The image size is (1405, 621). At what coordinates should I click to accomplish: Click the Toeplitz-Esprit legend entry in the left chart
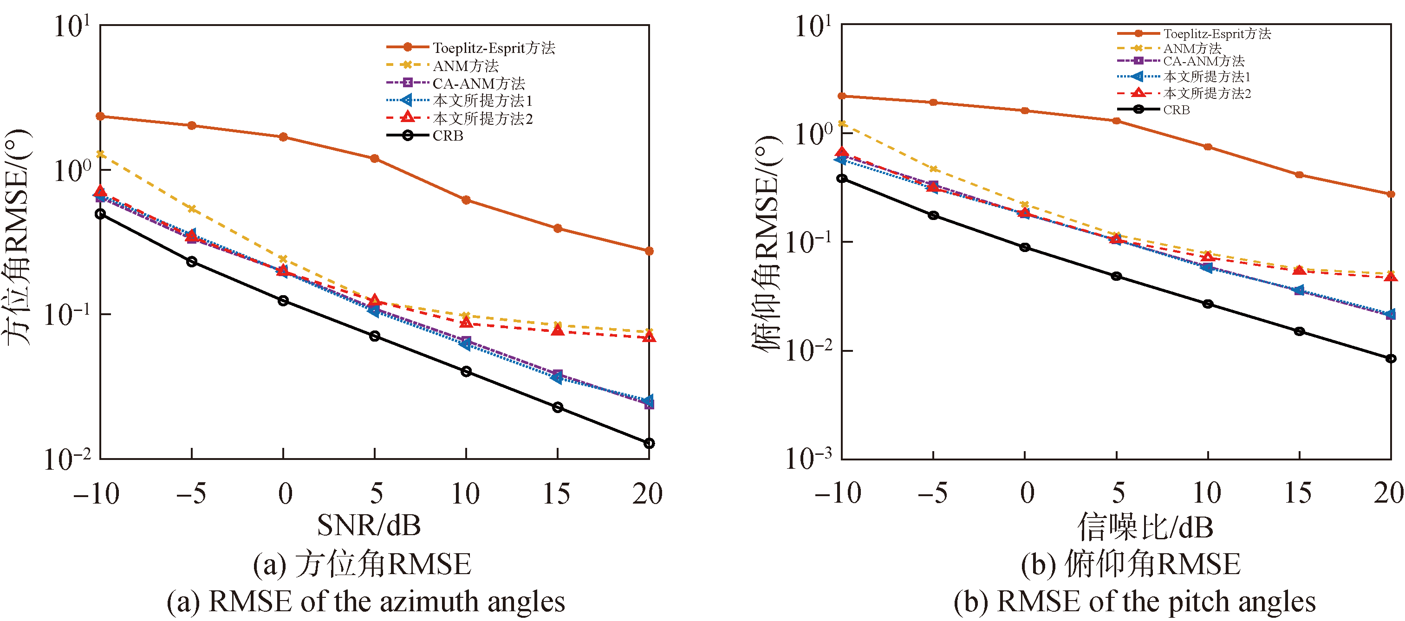click(x=494, y=48)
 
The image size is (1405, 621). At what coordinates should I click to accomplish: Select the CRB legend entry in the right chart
click(x=1176, y=110)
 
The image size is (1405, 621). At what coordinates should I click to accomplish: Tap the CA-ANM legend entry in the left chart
click(x=478, y=84)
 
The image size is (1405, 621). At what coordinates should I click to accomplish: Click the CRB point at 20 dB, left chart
click(x=649, y=443)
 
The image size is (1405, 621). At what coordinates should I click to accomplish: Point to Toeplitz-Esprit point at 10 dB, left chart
click(x=466, y=200)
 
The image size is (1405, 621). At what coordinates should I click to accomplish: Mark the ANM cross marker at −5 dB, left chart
click(x=192, y=209)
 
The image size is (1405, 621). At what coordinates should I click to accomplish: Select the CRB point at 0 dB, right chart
click(x=1025, y=247)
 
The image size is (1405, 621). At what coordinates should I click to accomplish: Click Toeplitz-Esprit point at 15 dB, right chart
click(x=1300, y=175)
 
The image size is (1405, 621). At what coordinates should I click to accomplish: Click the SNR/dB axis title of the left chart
click(x=369, y=525)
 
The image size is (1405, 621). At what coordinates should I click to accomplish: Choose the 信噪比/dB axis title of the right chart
click(x=1145, y=527)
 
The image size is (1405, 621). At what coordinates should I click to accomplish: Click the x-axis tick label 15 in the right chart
click(x=1298, y=493)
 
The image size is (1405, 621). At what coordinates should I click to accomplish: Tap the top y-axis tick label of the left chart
click(x=72, y=26)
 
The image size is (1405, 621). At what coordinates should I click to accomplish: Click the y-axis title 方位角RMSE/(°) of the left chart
click(x=18, y=237)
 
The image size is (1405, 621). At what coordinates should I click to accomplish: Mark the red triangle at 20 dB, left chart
click(x=649, y=337)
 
